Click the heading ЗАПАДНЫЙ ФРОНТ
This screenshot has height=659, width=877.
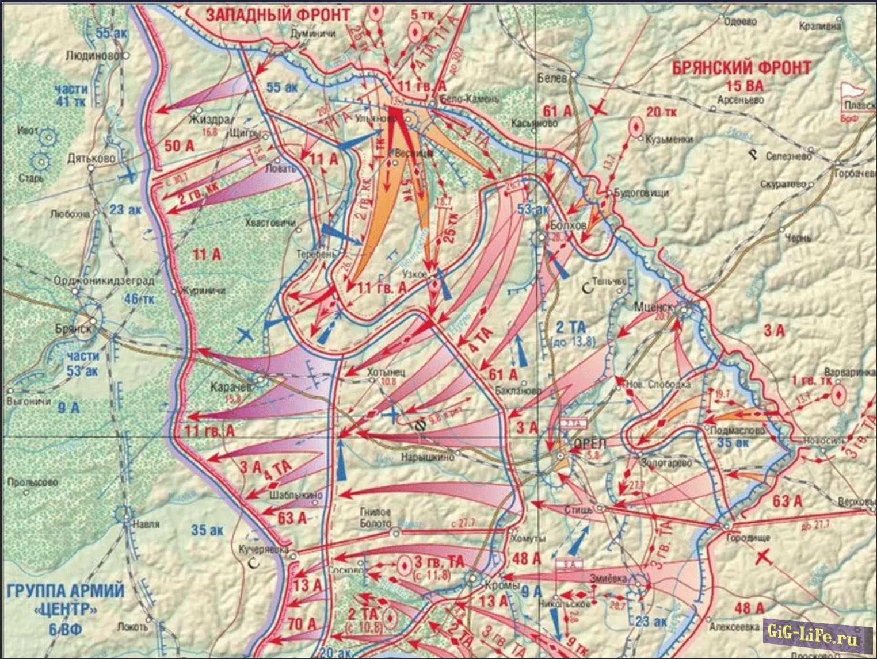click(x=277, y=14)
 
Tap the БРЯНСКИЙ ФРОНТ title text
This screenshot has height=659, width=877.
click(x=742, y=68)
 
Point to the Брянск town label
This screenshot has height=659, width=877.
click(x=73, y=328)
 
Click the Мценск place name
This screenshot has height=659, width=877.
click(x=653, y=306)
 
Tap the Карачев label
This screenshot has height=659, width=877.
click(x=231, y=387)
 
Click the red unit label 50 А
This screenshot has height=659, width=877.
click(x=180, y=146)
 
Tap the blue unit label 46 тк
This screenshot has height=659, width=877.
click(x=139, y=299)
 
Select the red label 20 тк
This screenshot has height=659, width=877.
click(x=661, y=112)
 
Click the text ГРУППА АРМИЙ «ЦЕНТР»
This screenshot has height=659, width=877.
click(x=66, y=599)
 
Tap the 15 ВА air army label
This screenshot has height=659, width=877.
click(x=744, y=86)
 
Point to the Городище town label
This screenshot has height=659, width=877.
click(x=748, y=538)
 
